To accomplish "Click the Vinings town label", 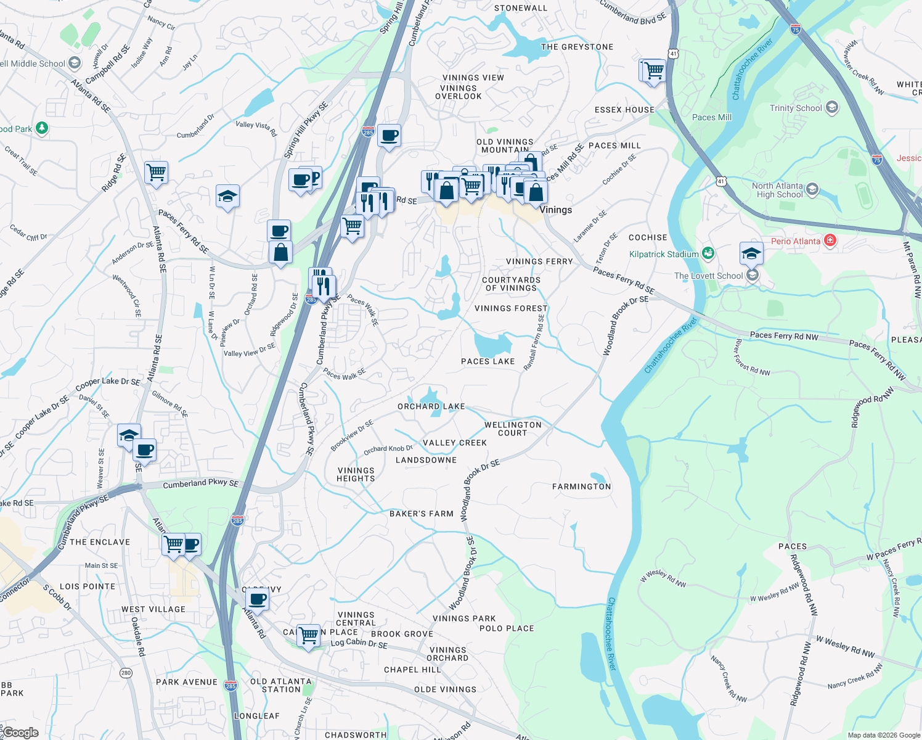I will pos(555,210).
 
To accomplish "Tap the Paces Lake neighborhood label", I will pos(488,361).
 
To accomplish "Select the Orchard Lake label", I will pos(431,406).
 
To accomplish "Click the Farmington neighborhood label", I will pos(581,487).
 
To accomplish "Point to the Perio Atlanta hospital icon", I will pos(830,240).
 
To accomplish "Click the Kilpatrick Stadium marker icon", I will pos(708,253).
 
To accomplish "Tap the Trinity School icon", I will pos(831,108).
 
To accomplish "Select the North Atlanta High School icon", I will pos(812,189).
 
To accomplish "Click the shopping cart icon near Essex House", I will pos(654,71).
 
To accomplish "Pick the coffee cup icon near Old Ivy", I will pos(257,599).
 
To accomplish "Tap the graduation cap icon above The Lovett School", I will pos(751,253).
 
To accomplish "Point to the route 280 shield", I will pos(126,673).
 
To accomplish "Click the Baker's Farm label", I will pos(421,514).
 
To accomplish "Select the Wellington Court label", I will pos(512,429).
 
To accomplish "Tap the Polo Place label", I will pos(507,628).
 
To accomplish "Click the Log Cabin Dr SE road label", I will pos(359,643).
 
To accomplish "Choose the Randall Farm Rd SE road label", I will pos(534,343).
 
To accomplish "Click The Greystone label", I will pos(577,47).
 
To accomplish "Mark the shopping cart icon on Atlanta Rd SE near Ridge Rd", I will pos(156,173).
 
